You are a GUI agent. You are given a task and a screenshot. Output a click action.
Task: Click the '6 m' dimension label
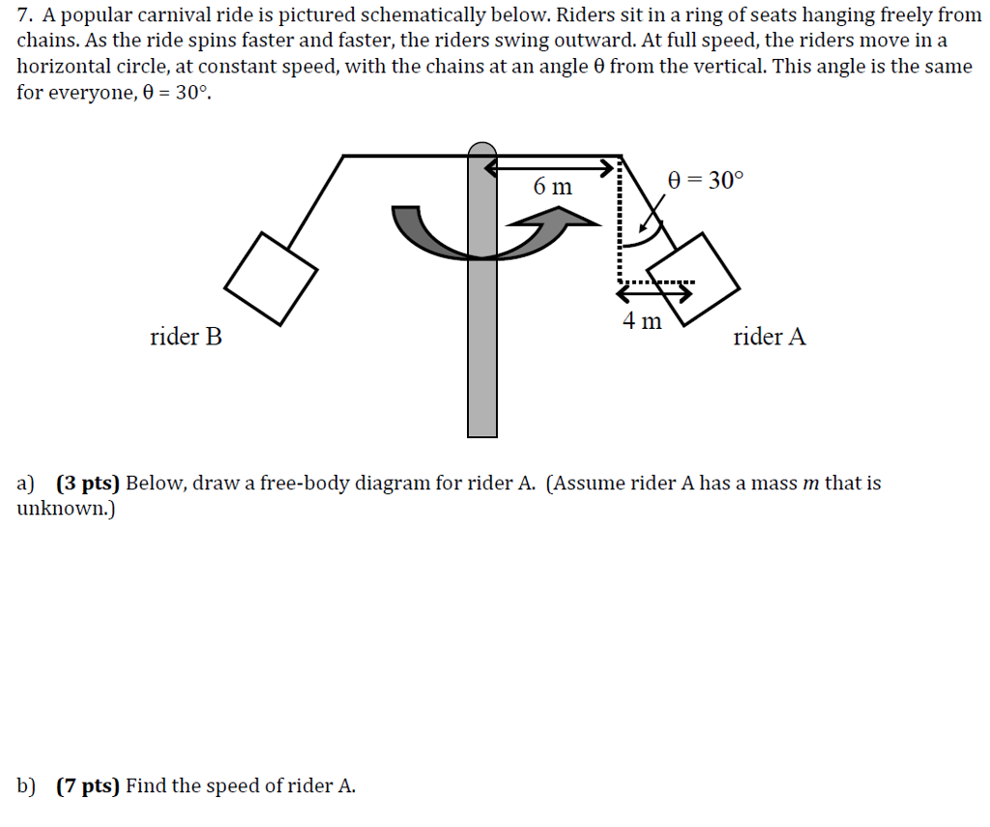pyautogui.click(x=552, y=186)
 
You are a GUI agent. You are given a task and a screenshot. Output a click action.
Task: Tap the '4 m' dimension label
pyautogui.click(x=642, y=320)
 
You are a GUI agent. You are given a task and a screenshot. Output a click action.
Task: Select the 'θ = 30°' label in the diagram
pyautogui.click(x=707, y=181)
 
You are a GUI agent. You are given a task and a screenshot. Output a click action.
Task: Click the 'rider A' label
pyautogui.click(x=769, y=338)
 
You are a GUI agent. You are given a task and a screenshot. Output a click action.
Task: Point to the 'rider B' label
pyautogui.click(x=186, y=338)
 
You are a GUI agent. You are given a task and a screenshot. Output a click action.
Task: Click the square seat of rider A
pyautogui.click(x=693, y=278)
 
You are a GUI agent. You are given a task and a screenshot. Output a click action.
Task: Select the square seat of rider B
pyautogui.click(x=271, y=279)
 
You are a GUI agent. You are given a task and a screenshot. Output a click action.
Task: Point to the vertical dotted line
pyautogui.click(x=617, y=222)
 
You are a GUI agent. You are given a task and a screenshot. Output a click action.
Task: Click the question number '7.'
pyautogui.click(x=25, y=15)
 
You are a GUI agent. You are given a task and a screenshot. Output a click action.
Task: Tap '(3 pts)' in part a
pyautogui.click(x=87, y=483)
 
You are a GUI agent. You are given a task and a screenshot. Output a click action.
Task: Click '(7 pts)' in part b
pyautogui.click(x=87, y=785)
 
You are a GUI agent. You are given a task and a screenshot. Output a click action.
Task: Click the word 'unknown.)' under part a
pyautogui.click(x=66, y=508)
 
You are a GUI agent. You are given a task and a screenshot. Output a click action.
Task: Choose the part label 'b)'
pyautogui.click(x=27, y=785)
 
